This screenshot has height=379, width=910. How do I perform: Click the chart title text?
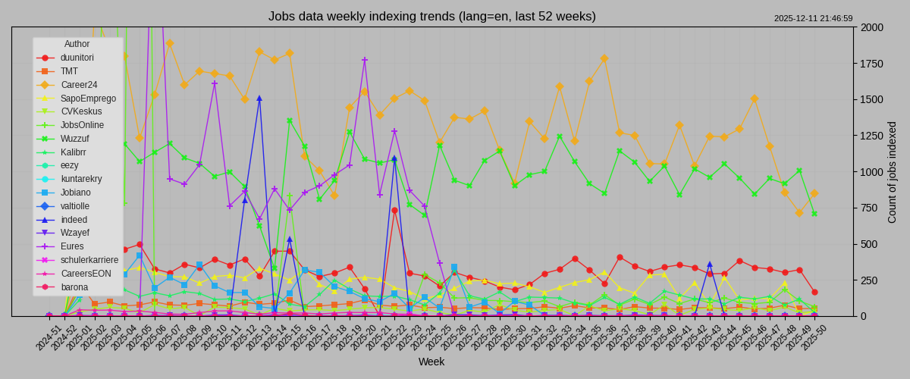pyautogui.click(x=431, y=16)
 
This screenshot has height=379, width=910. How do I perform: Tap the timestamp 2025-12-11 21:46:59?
pyautogui.click(x=813, y=18)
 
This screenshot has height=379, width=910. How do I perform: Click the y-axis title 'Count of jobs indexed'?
pyautogui.click(x=892, y=172)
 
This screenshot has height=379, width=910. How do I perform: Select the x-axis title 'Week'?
pyautogui.click(x=431, y=362)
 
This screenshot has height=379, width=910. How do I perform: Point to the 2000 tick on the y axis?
pyautogui.click(x=872, y=27)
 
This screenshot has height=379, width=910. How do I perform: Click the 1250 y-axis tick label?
pyautogui.click(x=872, y=136)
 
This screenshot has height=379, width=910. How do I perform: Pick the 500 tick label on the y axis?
pyautogui.click(x=869, y=244)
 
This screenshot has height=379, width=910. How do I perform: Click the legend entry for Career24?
pyautogui.click(x=79, y=85)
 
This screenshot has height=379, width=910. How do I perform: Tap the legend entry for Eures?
pyautogui.click(x=73, y=246)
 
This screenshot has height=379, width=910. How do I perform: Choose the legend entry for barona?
pyautogui.click(x=74, y=287)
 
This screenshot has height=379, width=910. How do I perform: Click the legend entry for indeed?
pyautogui.click(x=74, y=219)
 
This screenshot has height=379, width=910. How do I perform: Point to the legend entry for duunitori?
pyautogui.click(x=77, y=58)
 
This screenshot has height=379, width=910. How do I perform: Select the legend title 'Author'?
pyautogui.click(x=77, y=44)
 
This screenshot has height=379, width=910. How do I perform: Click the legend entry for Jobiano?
pyautogui.click(x=75, y=193)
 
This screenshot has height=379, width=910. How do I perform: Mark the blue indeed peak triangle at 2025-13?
pyautogui.click(x=259, y=98)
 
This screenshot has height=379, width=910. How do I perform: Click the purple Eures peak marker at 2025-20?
pyautogui.click(x=365, y=60)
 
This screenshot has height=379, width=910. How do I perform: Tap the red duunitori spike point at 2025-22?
pyautogui.click(x=394, y=210)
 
